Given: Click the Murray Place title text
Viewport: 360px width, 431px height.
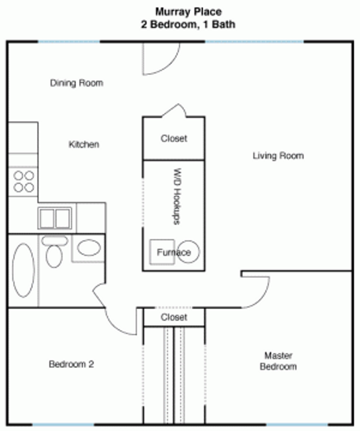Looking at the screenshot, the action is (x=189, y=12).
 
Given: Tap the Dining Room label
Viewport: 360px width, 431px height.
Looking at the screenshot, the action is (x=77, y=83).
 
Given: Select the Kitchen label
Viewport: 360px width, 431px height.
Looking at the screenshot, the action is (x=84, y=144).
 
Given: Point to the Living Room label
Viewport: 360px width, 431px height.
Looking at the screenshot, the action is (x=278, y=156).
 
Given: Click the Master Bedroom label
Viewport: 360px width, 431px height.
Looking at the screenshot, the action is (x=278, y=361).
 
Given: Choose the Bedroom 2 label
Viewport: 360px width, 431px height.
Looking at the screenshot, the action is (x=71, y=364).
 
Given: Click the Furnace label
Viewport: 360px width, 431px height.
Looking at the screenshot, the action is (x=174, y=252).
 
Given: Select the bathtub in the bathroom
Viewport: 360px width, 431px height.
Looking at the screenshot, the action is (x=24, y=270).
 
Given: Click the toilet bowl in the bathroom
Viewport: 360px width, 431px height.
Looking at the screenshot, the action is (x=54, y=256).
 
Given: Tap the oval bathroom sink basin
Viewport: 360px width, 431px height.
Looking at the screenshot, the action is (x=89, y=247).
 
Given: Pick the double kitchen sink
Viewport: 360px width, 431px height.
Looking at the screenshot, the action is (x=55, y=218).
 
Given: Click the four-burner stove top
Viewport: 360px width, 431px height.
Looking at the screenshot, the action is (x=24, y=182).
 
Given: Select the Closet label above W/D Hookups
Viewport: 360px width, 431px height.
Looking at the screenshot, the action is (x=174, y=138).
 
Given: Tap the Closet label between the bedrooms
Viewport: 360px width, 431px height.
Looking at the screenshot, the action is (x=174, y=317).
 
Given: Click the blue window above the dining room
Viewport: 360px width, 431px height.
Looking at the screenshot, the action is (x=69, y=42).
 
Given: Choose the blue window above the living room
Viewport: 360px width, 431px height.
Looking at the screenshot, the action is (x=255, y=42).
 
